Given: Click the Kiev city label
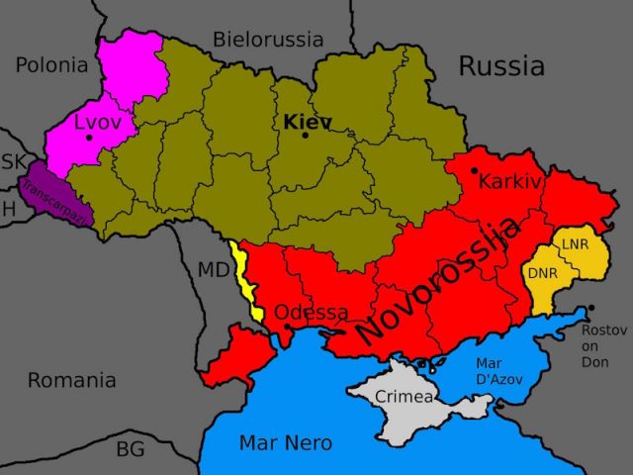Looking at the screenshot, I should [307, 122].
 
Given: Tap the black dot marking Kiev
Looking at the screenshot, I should [305, 136].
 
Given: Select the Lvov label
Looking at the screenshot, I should [97, 123].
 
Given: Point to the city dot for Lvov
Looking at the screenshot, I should [89, 138].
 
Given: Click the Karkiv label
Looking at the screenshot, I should [510, 181].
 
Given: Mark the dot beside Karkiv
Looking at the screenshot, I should [475, 171].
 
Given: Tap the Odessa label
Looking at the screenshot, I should [311, 313].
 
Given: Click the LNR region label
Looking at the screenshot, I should [576, 243].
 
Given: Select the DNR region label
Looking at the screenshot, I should [542, 272].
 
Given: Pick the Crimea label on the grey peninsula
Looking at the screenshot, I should [404, 397].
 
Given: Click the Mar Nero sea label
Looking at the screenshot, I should [285, 442].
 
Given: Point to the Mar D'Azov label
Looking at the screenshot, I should [498, 370].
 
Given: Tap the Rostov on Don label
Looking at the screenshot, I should [603, 345].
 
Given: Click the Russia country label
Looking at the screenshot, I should [500, 66].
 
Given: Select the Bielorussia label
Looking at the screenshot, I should [268, 40].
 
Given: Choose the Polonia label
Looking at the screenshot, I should [51, 65].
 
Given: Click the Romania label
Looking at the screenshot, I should [71, 380].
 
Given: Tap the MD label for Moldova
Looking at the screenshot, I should [213, 270].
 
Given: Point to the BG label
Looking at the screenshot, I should [130, 449].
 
